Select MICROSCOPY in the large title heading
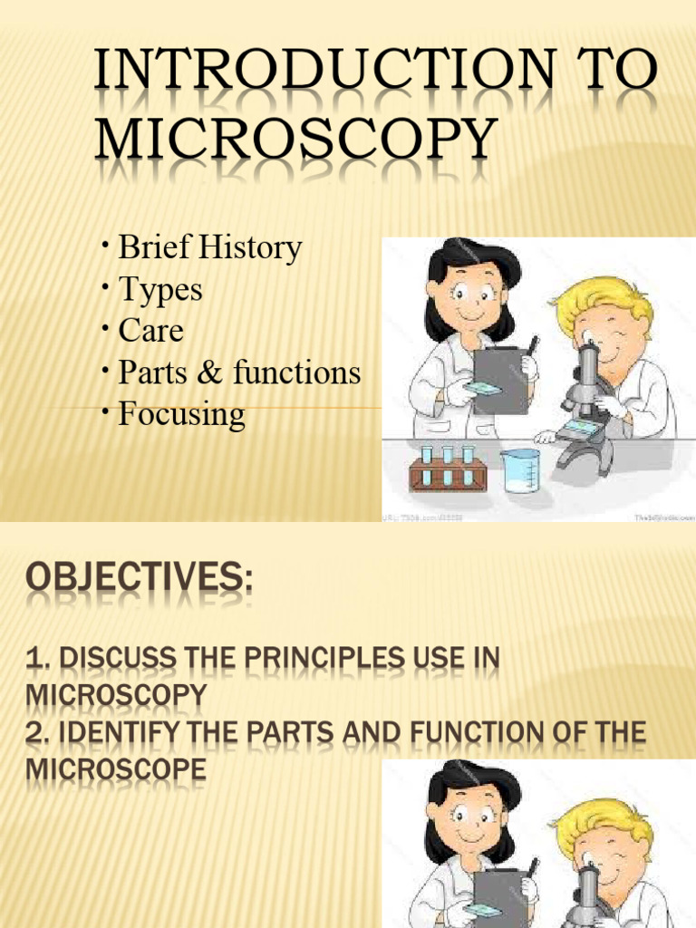pos(297,143)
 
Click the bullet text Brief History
pos(210,247)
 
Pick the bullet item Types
pos(160,290)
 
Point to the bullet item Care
pos(150,331)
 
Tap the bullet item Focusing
pos(181,414)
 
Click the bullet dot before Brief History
pos(106,245)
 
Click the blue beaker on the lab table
pos(520,470)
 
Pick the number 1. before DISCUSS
pos(36,659)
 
